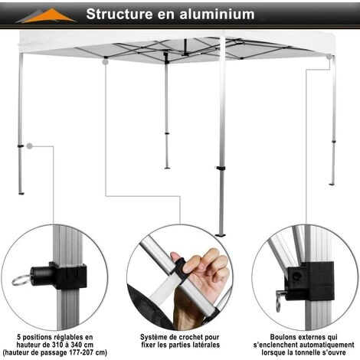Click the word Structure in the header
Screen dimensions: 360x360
(x=119, y=14)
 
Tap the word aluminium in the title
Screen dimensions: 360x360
(x=217, y=14)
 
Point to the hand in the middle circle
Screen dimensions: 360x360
(x=201, y=278)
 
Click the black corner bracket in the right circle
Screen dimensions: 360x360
(x=309, y=281)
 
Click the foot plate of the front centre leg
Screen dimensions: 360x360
(x=221, y=234)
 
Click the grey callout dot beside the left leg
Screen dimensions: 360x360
(x=30, y=146)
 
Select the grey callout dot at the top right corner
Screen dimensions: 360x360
(x=329, y=57)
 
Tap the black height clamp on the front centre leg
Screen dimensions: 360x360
(x=220, y=168)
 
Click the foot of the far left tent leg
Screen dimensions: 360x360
(x=21, y=193)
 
